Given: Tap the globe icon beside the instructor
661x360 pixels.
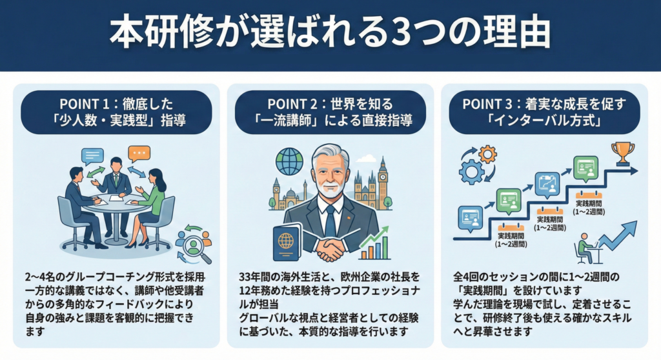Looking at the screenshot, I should click(289, 161).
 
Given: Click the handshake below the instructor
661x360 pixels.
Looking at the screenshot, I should click(330, 248).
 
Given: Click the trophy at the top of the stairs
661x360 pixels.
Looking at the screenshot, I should click(622, 153).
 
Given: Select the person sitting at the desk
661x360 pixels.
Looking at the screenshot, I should click(585, 248).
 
